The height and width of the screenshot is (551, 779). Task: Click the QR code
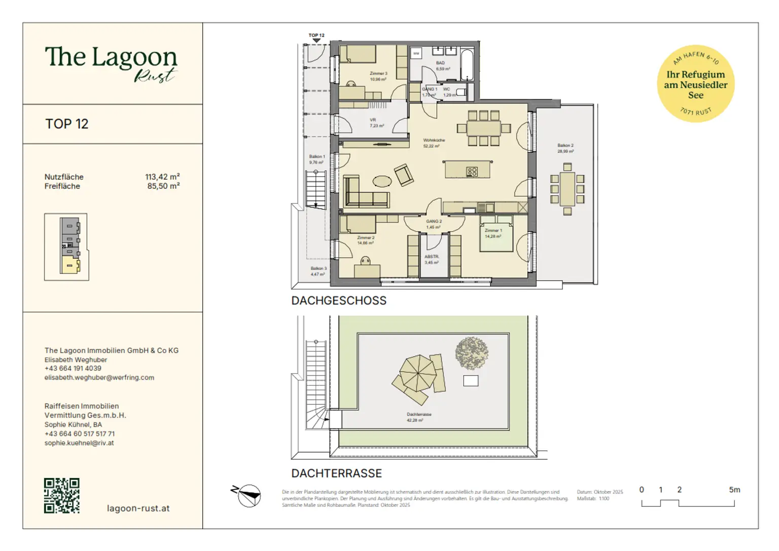[61, 496]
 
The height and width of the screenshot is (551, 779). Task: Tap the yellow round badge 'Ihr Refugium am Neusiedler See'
[695, 84]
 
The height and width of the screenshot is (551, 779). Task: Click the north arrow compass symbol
[248, 495]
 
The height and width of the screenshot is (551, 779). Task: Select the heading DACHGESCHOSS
[339, 301]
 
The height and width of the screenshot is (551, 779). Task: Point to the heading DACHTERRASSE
[336, 473]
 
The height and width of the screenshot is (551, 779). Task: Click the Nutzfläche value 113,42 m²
[162, 177]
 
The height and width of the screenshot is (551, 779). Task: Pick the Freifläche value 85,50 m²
[163, 186]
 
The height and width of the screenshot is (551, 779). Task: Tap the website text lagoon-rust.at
[138, 508]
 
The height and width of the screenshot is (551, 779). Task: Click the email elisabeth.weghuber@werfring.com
[99, 377]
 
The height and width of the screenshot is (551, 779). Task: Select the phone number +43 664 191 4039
[73, 368]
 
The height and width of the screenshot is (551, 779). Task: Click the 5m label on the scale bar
[734, 490]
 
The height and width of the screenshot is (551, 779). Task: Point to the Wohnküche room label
[434, 141]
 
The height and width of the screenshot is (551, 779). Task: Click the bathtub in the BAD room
[467, 64]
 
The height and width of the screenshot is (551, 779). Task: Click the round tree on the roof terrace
[471, 353]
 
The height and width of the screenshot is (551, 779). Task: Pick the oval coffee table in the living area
[382, 181]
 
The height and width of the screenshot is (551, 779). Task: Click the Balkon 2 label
[565, 146]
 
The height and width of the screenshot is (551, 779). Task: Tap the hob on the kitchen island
[472, 171]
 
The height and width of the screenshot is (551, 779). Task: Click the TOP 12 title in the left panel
[67, 124]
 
